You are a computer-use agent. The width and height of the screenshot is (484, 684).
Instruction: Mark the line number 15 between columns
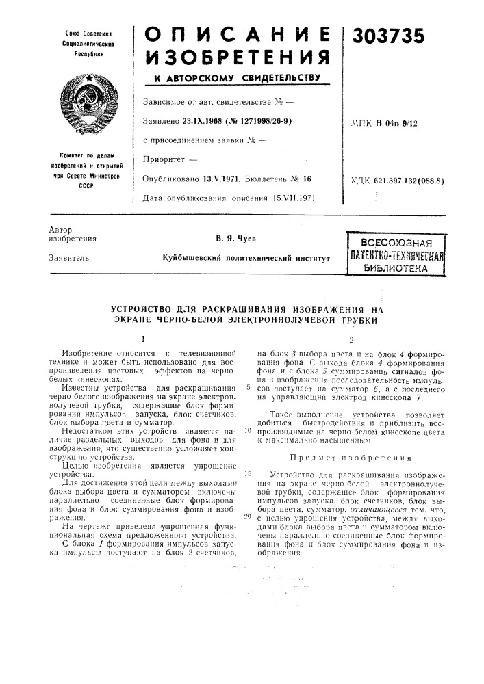246,473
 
